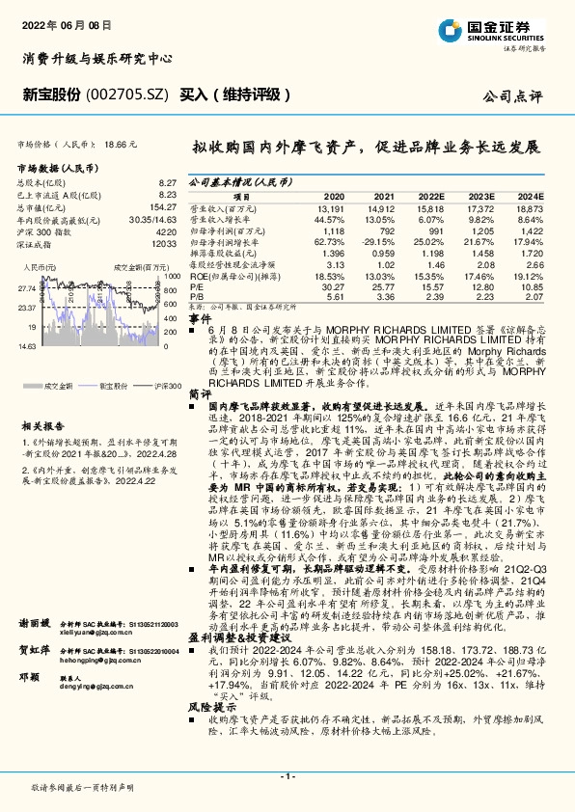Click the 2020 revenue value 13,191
331,208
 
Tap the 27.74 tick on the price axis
27,287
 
